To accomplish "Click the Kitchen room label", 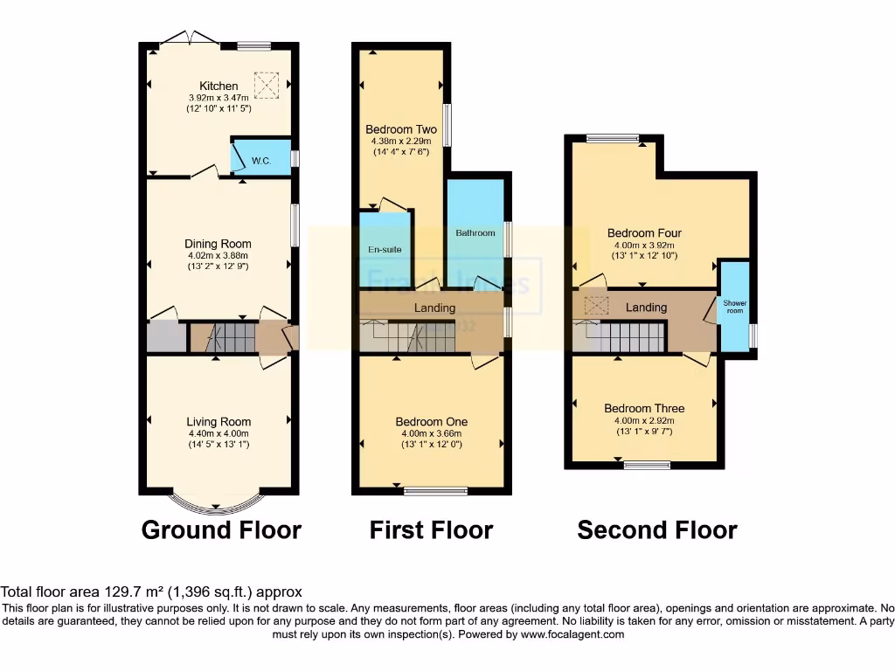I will point(219,86).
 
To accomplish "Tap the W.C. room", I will point(260,159).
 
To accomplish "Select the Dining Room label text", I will point(218,244).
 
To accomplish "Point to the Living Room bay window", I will point(217,504).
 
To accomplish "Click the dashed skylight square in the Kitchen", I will point(267,85).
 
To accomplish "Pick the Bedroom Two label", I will point(401,129).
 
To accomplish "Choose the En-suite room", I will point(385,248).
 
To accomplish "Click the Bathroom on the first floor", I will point(475,232).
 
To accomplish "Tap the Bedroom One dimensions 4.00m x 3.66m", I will point(432,433).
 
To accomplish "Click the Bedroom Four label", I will point(644,233).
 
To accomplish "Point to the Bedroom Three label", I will point(644,408).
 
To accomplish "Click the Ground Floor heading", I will point(221,529).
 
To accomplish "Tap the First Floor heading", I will point(431,529).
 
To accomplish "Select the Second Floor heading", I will point(657,529).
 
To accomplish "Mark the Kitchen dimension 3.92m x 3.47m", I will point(219,98).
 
